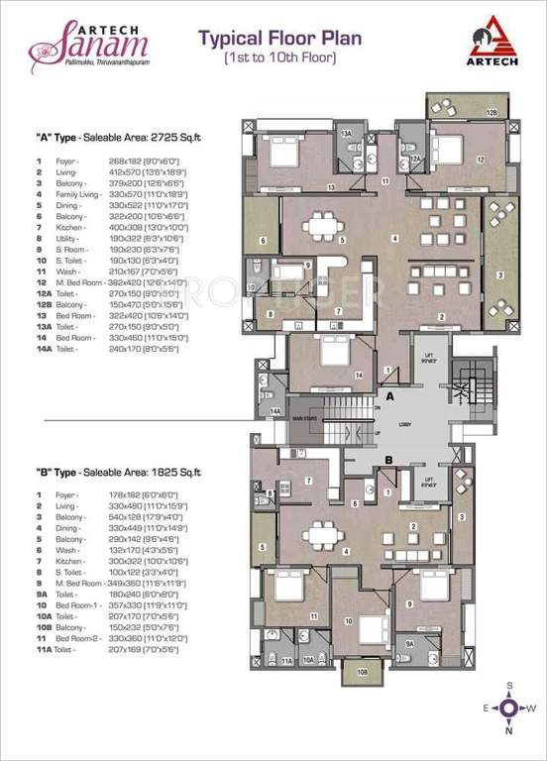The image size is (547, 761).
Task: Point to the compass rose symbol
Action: pos(508,707)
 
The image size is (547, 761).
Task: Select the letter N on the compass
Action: pos(508,732)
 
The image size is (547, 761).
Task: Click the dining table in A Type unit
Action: pos(319,226)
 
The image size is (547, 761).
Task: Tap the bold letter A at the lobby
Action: pos(391,396)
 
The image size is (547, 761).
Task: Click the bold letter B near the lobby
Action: pos(391,459)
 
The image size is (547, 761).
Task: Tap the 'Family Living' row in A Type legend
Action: pos(69,195)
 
